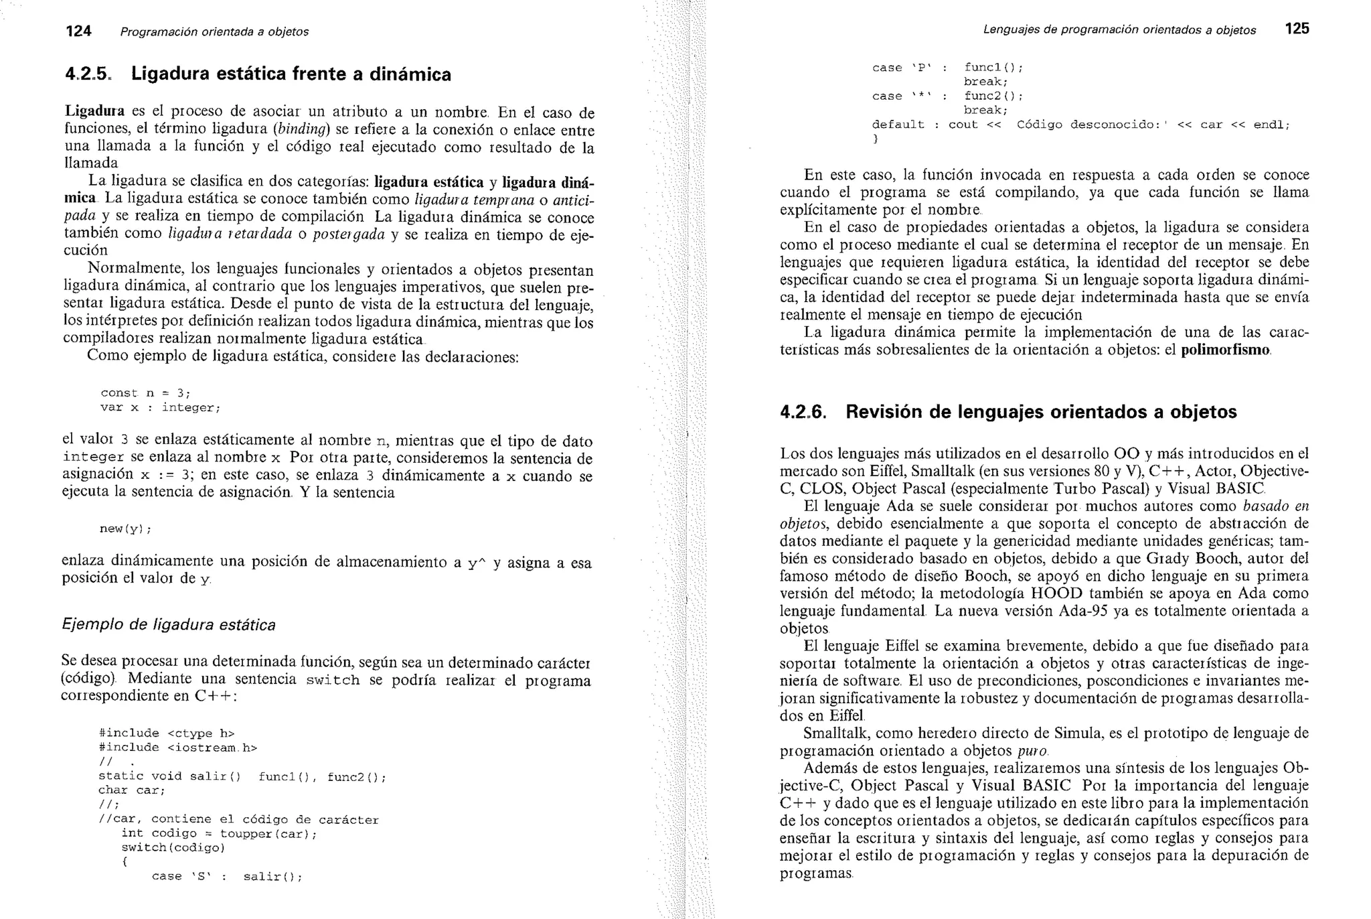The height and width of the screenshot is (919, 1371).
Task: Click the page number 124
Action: [x=78, y=31]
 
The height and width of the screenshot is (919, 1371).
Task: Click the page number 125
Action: [x=1297, y=29]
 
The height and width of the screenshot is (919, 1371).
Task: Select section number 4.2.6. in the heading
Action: [x=803, y=412]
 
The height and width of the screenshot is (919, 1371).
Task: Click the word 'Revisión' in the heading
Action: [x=883, y=412]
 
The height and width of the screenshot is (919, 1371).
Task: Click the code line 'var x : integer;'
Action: [x=160, y=407]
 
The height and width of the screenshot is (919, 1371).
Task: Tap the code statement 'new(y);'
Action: [x=125, y=529]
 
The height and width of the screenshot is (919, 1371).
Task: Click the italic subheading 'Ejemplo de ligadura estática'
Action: [x=168, y=625]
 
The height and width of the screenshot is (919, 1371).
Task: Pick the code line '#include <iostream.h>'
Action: [x=177, y=748]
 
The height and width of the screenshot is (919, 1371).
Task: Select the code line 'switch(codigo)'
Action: [x=173, y=847]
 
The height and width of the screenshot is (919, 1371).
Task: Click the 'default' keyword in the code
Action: [x=898, y=125]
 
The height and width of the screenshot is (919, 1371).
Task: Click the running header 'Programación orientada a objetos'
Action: [x=214, y=31]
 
